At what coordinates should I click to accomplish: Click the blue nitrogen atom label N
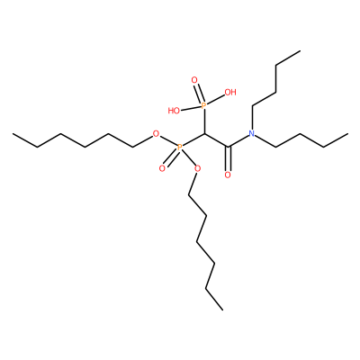pos(252,133)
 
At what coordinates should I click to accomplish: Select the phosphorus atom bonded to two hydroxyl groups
pos(203,105)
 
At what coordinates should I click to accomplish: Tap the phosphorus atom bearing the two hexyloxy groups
pos(179,148)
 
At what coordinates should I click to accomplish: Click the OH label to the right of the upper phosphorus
pos(230,92)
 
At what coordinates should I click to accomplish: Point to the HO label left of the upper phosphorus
pos(174,111)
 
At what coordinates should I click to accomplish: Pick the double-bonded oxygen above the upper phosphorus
pos(194,80)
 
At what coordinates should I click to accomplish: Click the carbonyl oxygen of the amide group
pos(228,175)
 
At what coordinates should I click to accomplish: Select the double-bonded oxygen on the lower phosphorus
pos(162,168)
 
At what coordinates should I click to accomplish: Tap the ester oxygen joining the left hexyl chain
pos(156,133)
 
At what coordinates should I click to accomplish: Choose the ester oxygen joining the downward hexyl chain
pos(197,168)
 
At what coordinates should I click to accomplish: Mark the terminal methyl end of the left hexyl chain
pos(13,134)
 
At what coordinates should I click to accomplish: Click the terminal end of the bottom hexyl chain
pos(222,310)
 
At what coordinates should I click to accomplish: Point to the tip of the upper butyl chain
pos(300,50)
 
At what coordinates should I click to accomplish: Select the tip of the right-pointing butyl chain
pos(347,133)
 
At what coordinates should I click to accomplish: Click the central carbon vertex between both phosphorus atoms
pos(204,133)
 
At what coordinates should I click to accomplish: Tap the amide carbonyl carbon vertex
pos(228,148)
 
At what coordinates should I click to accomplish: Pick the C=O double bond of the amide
pos(228,159)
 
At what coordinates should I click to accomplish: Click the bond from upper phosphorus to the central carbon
pos(204,121)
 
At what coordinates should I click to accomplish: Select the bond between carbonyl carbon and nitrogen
pos(238,141)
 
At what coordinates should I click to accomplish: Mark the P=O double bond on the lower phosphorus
pos(171,157)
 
